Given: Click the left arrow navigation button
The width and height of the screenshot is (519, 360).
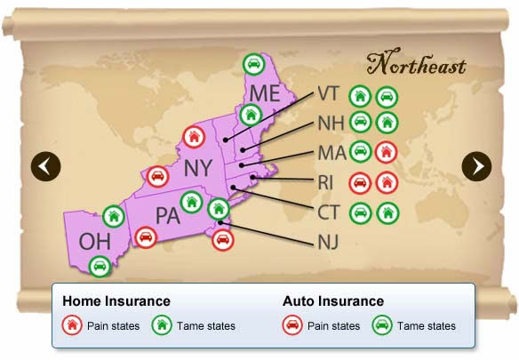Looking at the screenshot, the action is (x=45, y=166).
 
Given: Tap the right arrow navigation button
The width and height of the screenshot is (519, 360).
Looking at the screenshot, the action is (x=476, y=166).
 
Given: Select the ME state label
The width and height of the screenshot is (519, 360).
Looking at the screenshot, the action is (x=265, y=93).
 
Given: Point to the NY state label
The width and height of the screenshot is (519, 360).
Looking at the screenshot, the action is (x=198, y=168).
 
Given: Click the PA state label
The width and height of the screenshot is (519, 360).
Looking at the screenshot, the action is (x=168, y=216).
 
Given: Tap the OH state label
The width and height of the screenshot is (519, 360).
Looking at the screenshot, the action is (x=95, y=242).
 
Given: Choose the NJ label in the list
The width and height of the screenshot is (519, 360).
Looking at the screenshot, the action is (x=328, y=242).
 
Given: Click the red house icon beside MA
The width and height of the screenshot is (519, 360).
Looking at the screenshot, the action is (x=387, y=152).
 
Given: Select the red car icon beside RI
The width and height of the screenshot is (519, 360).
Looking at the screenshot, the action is (x=360, y=182).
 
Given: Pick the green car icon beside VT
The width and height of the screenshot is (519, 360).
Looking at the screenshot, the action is (x=387, y=97).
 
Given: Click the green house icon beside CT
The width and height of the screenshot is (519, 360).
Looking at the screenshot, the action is (x=387, y=213).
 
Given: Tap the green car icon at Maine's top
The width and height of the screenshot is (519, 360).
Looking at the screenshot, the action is (x=253, y=64).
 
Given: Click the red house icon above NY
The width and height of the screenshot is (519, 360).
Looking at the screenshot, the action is (x=195, y=137).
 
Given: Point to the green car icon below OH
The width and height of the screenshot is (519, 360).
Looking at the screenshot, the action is (x=100, y=266).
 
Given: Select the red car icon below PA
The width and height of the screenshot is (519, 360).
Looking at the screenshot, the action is (x=146, y=237).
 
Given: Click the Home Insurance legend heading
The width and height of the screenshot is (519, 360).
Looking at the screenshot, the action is (x=116, y=301).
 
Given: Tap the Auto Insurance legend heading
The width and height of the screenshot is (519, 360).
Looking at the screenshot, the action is (x=333, y=301).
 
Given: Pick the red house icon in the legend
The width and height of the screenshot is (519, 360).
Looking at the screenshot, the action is (x=72, y=325).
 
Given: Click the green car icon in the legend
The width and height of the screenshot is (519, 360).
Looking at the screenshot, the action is (x=382, y=325).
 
